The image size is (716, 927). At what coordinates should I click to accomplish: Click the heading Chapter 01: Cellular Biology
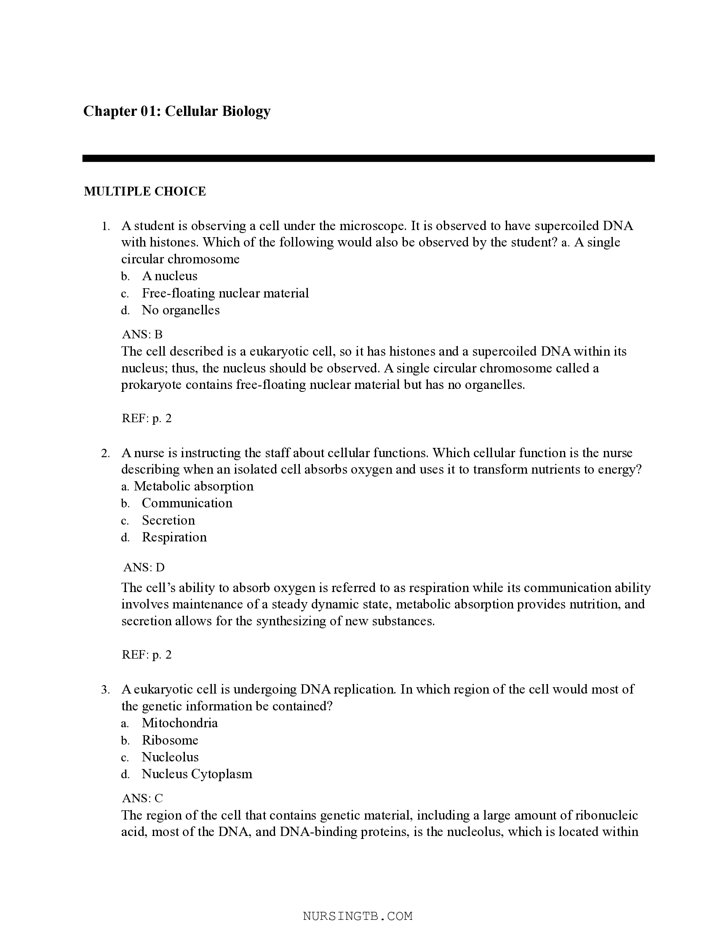[x=176, y=111]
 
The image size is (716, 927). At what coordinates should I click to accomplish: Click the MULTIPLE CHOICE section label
[x=144, y=191]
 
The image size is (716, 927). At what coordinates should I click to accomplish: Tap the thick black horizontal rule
[x=368, y=158]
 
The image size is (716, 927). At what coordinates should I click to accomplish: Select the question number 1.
[x=105, y=227]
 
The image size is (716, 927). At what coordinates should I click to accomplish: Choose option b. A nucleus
[x=169, y=276]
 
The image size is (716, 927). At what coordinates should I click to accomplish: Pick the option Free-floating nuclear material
[x=225, y=293]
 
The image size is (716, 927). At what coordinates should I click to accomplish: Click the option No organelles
[x=180, y=310]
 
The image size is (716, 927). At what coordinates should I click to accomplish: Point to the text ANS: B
[x=142, y=335]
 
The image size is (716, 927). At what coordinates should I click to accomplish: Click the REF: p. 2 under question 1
[x=146, y=418]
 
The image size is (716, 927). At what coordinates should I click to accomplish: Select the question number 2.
[x=105, y=453]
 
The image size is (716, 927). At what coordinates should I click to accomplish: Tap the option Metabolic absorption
[x=193, y=486]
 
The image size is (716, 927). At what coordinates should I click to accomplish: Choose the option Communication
[x=187, y=503]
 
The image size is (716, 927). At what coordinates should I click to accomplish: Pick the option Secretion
[x=168, y=520]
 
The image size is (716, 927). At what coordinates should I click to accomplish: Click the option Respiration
[x=174, y=537]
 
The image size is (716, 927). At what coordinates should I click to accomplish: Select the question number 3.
[x=105, y=689]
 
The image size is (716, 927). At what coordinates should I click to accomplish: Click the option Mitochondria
[x=179, y=723]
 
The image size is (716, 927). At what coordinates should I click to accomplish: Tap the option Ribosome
[x=170, y=740]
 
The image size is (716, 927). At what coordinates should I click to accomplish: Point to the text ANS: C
[x=142, y=798]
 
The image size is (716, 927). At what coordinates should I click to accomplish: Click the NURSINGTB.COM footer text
[x=358, y=916]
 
